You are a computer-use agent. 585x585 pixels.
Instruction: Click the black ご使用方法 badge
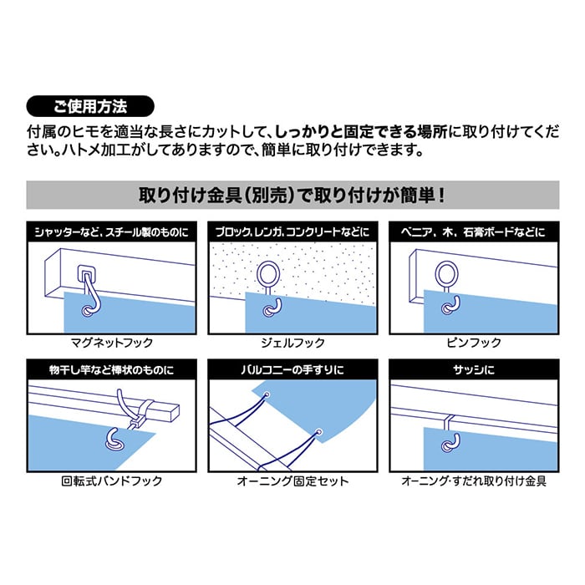click(90, 106)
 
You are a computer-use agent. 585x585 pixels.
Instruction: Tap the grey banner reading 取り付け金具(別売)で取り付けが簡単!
click(292, 195)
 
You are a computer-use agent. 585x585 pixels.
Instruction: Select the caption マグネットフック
click(112, 342)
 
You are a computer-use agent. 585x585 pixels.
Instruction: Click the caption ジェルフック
click(292, 342)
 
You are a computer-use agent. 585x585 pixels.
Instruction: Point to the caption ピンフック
click(474, 342)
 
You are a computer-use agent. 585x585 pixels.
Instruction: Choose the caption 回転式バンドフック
click(112, 481)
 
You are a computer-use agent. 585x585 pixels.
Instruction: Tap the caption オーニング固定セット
click(292, 481)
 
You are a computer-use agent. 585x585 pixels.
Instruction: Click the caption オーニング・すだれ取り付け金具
click(474, 481)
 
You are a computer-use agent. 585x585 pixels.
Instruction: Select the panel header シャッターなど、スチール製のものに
click(111, 232)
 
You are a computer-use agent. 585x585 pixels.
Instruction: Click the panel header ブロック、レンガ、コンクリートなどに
click(292, 232)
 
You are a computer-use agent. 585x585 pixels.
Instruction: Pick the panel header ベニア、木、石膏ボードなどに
click(474, 232)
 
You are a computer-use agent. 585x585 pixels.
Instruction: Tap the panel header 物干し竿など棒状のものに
click(111, 369)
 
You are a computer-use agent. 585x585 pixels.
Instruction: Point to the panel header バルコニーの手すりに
click(292, 369)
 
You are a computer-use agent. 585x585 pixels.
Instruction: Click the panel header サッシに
click(474, 369)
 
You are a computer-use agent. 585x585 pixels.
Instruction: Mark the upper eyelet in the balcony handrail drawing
click(267, 394)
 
